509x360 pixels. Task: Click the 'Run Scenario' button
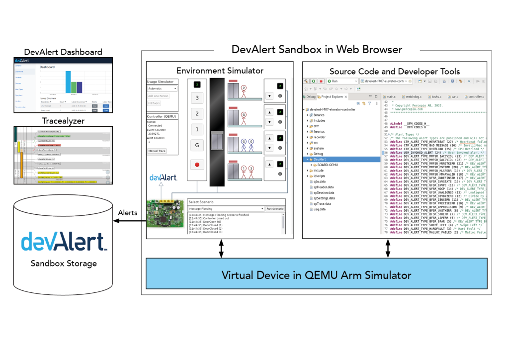point(275,209)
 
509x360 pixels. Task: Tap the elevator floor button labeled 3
point(197,98)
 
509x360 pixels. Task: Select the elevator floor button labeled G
point(197,145)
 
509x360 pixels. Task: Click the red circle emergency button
point(197,165)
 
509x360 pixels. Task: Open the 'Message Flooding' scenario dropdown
point(225,209)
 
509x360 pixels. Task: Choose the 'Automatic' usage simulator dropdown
point(162,89)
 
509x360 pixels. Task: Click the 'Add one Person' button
point(159,96)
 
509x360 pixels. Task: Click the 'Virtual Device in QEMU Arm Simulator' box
point(316,274)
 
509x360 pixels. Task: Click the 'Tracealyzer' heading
point(63,121)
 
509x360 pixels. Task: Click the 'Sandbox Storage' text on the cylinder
point(63,263)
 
